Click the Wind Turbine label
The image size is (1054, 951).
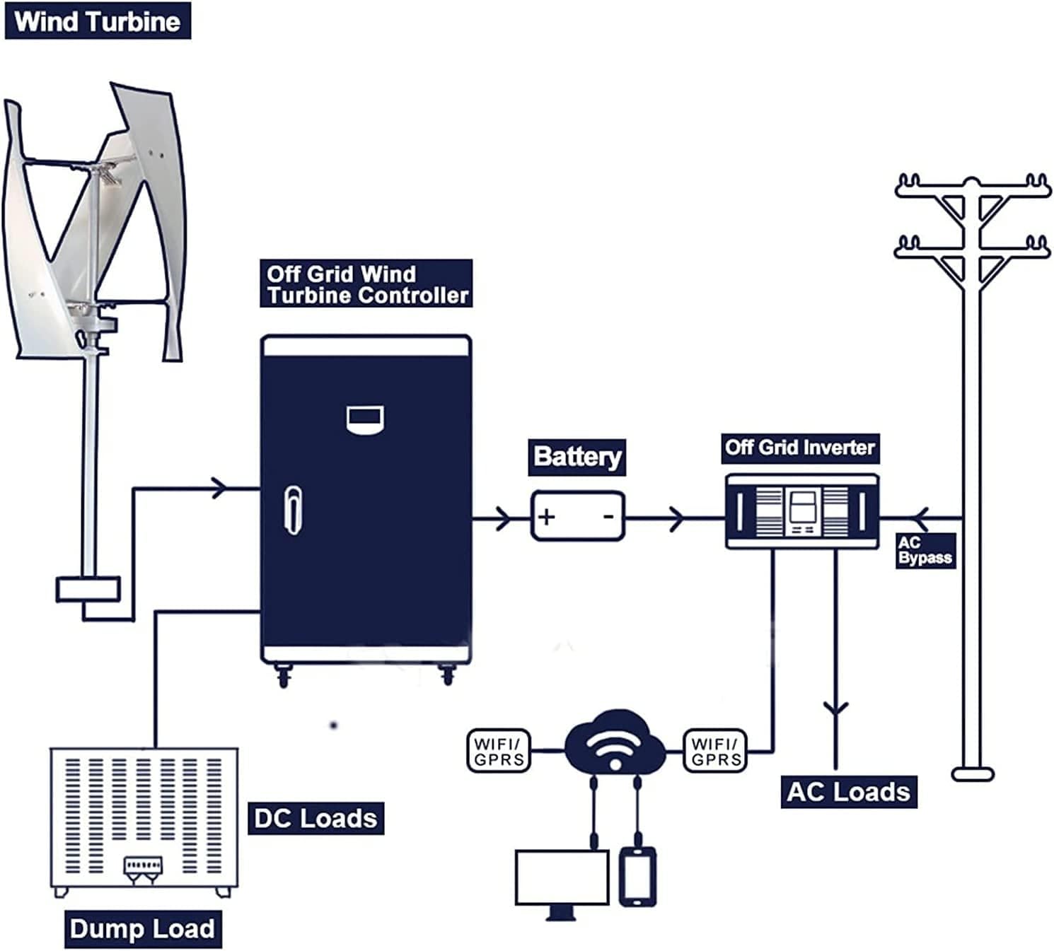click(98, 21)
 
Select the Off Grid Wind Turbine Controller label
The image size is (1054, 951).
click(366, 284)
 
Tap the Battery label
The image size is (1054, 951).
click(577, 457)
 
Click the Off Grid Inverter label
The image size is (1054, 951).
click(800, 448)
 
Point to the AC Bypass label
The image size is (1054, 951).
click(925, 551)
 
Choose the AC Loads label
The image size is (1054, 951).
click(848, 792)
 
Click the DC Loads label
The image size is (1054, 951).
click(315, 818)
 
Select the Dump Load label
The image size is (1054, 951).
click(142, 928)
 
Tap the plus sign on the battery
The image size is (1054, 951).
click(546, 517)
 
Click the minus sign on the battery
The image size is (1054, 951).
click(608, 517)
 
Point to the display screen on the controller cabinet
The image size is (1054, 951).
click(365, 419)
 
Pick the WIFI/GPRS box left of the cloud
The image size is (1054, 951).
click(499, 751)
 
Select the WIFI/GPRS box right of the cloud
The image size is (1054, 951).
click(715, 751)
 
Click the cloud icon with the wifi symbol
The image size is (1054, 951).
click(615, 744)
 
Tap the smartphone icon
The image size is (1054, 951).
click(637, 877)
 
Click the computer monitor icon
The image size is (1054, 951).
click(562, 878)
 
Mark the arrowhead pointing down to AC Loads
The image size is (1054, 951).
click(836, 707)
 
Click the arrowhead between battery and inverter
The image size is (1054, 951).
click(677, 518)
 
